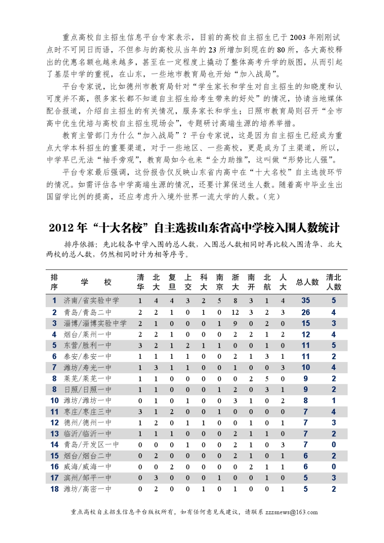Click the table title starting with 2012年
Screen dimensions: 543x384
pos(194,228)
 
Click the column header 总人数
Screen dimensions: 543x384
pos(307,282)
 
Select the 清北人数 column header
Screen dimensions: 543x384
pos(334,282)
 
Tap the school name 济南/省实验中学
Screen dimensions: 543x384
pos(91,301)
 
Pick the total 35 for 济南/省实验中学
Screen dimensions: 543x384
pos(306,301)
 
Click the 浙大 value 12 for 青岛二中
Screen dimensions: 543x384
pos(235,312)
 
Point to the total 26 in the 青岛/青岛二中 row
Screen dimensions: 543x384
pos(306,312)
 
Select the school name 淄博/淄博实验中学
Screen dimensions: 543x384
pos(95,323)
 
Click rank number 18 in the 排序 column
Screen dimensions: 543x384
pos(55,489)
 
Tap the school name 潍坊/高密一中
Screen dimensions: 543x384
pos(87,489)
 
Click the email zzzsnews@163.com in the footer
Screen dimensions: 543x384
pos(291,512)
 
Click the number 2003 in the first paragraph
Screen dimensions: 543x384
pos(297,38)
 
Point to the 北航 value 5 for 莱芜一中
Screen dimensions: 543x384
pos(267,379)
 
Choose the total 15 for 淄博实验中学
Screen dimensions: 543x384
pos(306,323)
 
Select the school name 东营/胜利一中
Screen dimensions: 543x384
pos(87,345)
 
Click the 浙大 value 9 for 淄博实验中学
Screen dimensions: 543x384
pos(235,323)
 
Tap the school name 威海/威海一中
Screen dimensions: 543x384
pos(87,467)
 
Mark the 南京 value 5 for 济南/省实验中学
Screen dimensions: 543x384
pos(219,301)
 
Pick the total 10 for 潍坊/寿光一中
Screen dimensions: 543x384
pos(306,368)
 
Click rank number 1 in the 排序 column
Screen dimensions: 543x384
pos(55,301)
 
